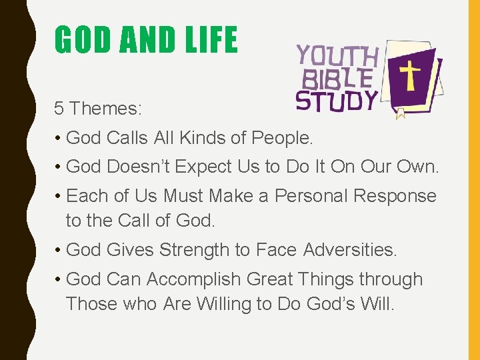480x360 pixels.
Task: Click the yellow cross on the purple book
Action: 409,76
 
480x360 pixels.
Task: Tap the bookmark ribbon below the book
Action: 401,114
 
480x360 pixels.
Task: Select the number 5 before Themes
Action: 59,108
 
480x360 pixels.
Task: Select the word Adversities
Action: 350,250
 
